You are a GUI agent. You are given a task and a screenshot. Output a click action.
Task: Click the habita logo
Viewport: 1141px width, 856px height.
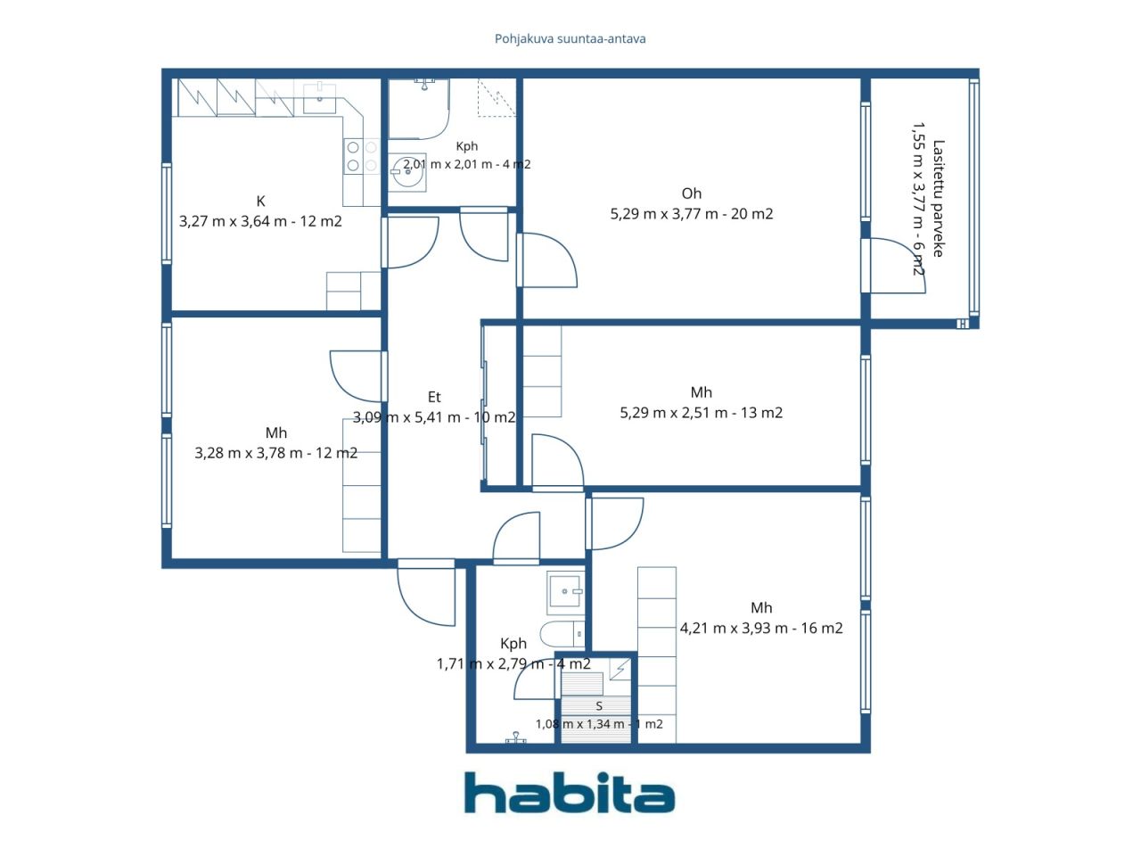click(570, 793)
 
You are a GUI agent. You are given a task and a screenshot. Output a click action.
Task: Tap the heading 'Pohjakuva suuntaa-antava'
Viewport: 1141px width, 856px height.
click(570, 39)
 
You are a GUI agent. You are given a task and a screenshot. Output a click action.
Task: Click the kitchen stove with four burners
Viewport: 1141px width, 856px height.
click(362, 156)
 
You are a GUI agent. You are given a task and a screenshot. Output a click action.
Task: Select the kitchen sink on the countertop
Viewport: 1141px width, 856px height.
click(319, 98)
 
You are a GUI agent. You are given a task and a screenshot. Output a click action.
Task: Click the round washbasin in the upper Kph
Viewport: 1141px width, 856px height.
click(408, 172)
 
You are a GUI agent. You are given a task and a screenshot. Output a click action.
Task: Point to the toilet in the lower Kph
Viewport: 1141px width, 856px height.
click(562, 634)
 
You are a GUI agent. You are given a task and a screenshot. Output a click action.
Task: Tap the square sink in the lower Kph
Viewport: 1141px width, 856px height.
click(565, 591)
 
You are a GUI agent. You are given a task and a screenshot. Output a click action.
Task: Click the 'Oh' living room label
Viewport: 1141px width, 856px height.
click(692, 193)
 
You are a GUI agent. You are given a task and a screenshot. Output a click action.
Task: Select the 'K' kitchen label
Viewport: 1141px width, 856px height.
click(261, 202)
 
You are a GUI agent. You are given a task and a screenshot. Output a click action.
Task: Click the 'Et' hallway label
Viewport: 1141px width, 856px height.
click(434, 397)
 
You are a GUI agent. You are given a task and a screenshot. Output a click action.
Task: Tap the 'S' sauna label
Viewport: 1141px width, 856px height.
click(599, 706)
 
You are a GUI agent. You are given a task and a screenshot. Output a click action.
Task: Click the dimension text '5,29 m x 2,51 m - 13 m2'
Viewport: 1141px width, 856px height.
click(702, 413)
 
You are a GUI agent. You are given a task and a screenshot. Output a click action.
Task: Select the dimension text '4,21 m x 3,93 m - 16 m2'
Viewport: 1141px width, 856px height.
click(761, 629)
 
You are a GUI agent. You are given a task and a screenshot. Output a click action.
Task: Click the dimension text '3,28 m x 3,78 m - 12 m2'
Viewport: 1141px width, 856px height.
click(276, 453)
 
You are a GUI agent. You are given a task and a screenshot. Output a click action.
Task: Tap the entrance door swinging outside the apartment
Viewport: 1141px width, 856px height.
click(426, 593)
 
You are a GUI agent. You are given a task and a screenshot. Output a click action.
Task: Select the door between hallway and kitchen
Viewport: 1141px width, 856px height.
click(412, 243)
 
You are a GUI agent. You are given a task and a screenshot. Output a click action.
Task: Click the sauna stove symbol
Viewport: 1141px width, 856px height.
click(620, 669)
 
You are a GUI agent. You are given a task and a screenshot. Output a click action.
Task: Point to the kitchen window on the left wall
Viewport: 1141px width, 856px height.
click(167, 212)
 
